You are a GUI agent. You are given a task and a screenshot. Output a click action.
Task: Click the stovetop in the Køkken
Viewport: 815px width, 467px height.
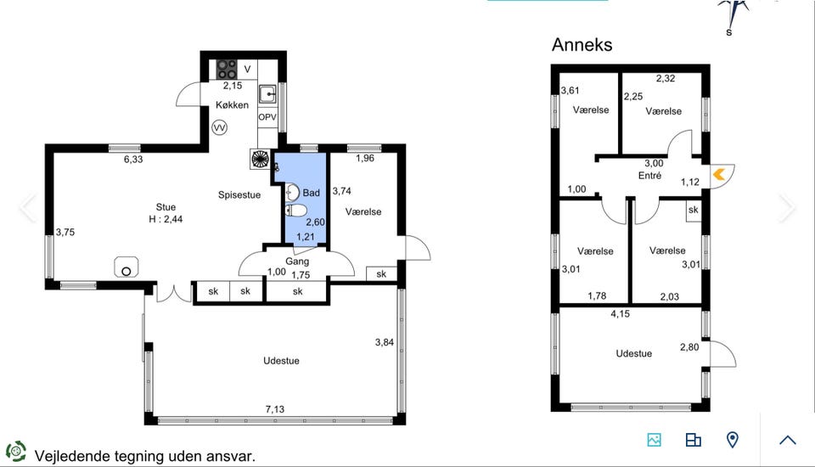click(x=227, y=69)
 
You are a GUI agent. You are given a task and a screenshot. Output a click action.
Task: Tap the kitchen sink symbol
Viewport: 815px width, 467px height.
click(x=267, y=94)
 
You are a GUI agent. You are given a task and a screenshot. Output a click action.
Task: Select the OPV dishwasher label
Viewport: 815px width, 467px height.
click(x=267, y=117)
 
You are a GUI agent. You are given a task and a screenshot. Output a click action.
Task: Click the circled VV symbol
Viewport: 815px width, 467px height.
click(x=220, y=127)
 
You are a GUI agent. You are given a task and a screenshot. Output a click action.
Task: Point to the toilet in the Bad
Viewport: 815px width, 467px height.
click(x=296, y=211)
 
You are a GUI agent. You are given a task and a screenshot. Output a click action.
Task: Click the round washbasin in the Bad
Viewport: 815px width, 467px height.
click(x=293, y=193)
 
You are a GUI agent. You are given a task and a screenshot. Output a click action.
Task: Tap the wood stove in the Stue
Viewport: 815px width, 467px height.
click(x=126, y=267)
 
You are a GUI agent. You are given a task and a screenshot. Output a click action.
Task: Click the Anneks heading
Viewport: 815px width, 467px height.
click(x=582, y=45)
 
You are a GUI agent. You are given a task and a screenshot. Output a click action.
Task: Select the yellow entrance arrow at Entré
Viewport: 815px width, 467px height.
click(x=719, y=174)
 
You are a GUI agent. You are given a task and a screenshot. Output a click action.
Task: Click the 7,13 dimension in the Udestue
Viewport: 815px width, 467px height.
click(x=275, y=409)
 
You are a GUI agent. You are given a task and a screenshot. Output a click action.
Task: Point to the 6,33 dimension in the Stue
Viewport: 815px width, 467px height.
click(x=133, y=159)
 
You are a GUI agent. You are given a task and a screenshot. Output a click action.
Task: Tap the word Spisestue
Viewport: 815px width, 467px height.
click(x=239, y=195)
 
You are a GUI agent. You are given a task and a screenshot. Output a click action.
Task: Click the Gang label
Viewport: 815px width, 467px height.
click(x=297, y=261)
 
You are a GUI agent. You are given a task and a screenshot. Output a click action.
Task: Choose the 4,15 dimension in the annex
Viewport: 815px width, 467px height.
click(x=620, y=313)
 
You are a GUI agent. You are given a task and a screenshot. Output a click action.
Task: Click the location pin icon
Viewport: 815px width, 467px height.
click(x=733, y=440)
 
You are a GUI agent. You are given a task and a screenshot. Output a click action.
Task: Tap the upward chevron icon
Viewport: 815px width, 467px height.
click(x=788, y=440)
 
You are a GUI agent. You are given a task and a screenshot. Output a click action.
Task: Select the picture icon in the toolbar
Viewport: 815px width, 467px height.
click(x=655, y=440)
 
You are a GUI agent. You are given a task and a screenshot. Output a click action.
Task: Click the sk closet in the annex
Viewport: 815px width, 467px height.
click(x=694, y=210)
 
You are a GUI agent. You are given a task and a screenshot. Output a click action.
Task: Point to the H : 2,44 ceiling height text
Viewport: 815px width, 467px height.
click(x=166, y=219)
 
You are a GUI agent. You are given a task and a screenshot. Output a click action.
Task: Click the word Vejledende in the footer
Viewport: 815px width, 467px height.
click(x=72, y=457)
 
